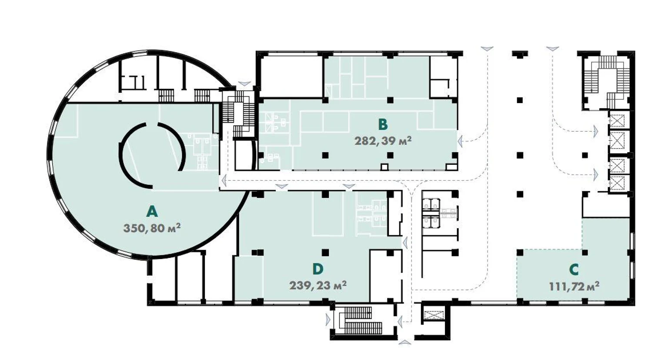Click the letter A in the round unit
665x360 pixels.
tap(152, 212)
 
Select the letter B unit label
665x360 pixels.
tap(383, 125)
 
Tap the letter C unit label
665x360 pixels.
tap(574, 270)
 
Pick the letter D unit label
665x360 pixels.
tap(317, 269)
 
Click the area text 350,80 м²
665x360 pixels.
tap(152, 228)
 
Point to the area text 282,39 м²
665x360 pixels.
tap(383, 141)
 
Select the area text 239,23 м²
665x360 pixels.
tap(318, 286)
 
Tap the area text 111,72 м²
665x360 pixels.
tap(574, 287)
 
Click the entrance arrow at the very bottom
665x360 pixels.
tap(404, 343)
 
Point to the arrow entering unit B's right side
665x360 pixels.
tap(461, 141)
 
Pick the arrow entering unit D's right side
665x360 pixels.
tap(404, 243)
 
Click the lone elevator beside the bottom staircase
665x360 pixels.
tap(434, 315)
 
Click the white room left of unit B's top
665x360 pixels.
tap(291, 77)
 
